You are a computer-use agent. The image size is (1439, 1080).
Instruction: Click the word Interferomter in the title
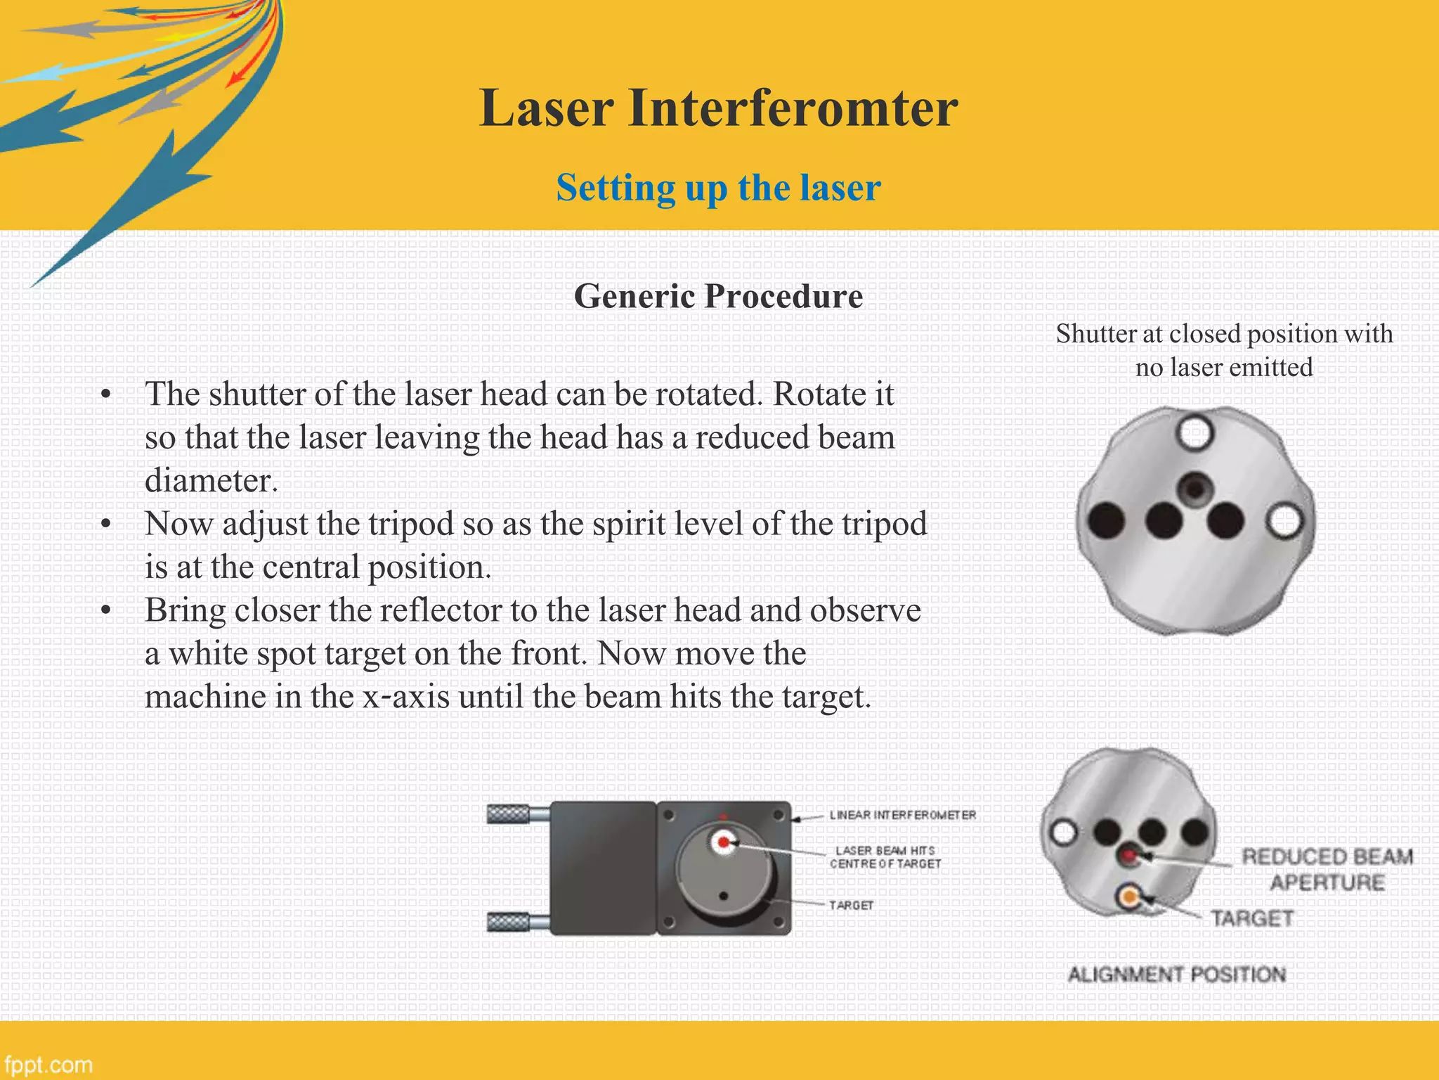(x=793, y=108)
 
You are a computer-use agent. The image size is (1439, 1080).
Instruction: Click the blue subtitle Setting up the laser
(x=718, y=188)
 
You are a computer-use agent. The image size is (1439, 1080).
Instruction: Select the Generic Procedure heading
(x=718, y=296)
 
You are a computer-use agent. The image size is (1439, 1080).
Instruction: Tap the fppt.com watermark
(x=48, y=1065)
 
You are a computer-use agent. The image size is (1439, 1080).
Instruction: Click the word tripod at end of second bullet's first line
(x=884, y=524)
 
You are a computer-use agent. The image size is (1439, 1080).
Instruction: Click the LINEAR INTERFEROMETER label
(x=902, y=815)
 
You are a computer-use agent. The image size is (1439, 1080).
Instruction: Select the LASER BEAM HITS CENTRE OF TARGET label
(x=885, y=857)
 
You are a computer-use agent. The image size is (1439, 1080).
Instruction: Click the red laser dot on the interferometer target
(x=723, y=842)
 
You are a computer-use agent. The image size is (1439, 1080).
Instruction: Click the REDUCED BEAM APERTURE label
(x=1327, y=869)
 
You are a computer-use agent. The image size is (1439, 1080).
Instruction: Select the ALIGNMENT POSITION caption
(x=1176, y=975)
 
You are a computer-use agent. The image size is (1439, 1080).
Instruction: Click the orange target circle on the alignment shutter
(x=1129, y=896)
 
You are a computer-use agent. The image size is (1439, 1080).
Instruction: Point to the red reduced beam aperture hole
(x=1129, y=856)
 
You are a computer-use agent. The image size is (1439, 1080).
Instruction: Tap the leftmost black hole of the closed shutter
(x=1106, y=521)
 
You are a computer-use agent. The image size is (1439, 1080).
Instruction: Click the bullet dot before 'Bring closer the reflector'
(x=105, y=610)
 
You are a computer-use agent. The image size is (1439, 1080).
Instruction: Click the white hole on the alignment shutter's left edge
(x=1064, y=832)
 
